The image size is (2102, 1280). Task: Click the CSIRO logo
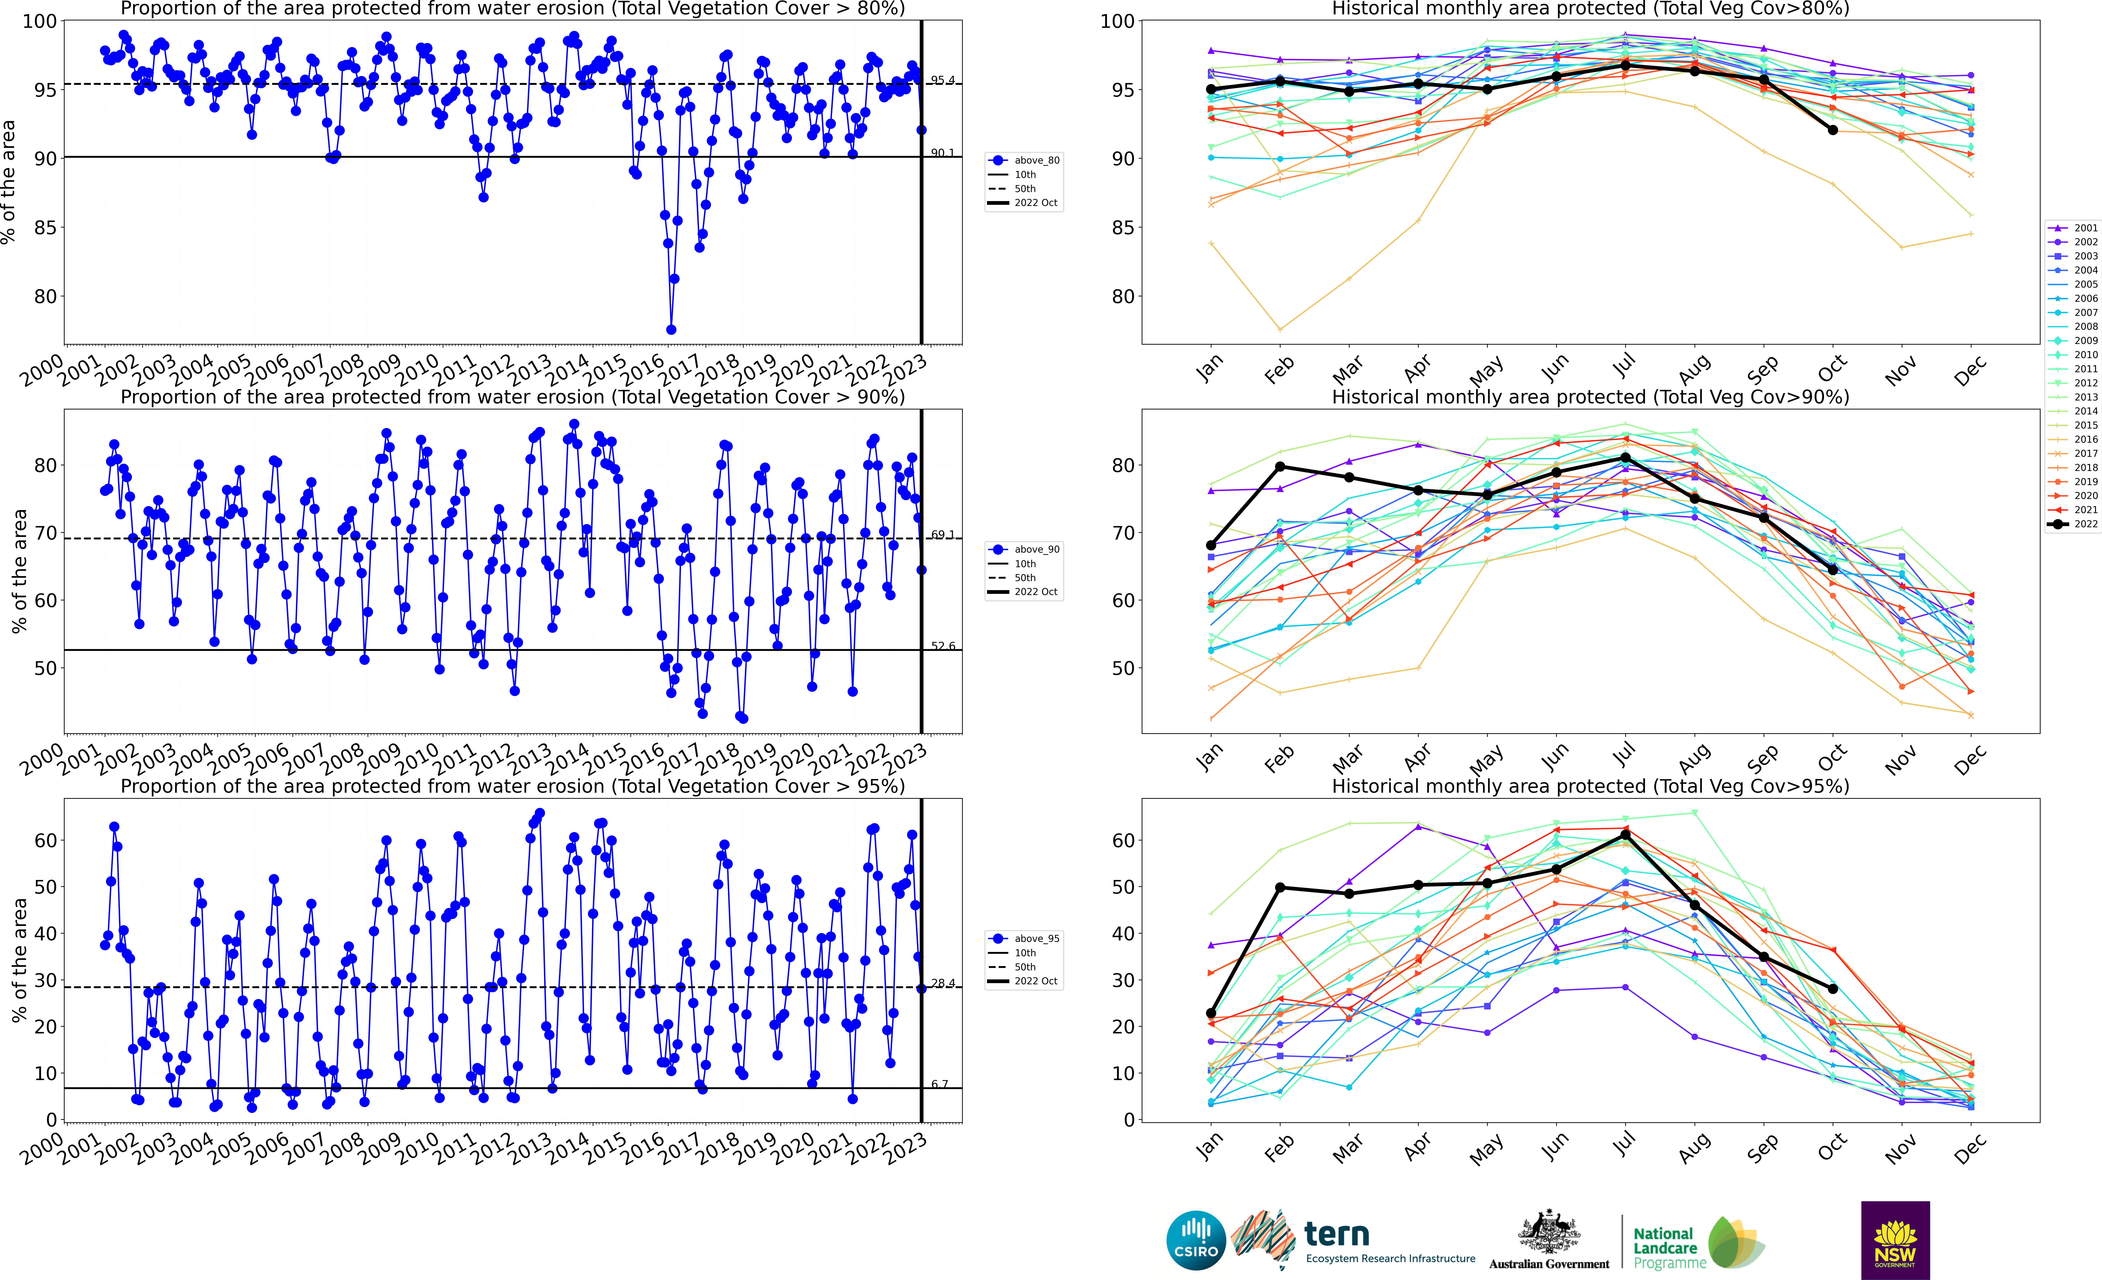click(x=1196, y=1240)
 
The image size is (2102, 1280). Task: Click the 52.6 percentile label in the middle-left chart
click(x=942, y=646)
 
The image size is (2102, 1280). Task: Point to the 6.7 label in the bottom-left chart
click(x=939, y=1084)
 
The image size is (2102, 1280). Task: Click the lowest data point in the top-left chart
click(x=671, y=329)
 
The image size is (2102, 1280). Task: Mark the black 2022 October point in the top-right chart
click(x=1832, y=130)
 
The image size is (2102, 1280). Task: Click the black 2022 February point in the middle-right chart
click(x=1280, y=467)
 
